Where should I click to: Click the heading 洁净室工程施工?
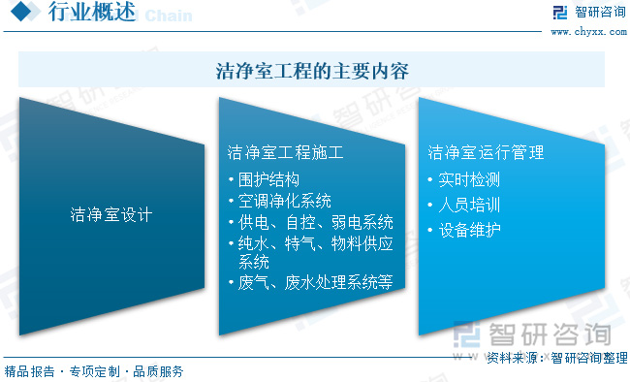point(285,152)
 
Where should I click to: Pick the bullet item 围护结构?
point(268,179)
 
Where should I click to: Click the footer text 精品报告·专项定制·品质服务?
point(94,371)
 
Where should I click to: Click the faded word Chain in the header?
point(170,16)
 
